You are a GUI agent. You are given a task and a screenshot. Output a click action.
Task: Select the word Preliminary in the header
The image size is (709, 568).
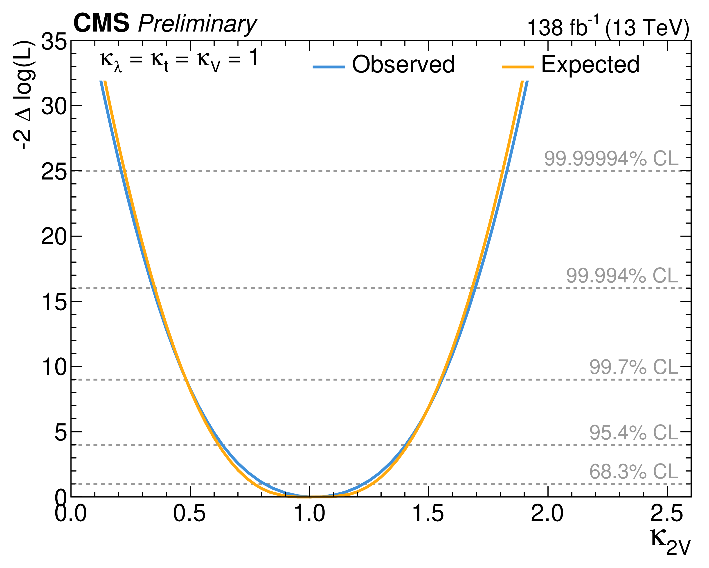pos(197,24)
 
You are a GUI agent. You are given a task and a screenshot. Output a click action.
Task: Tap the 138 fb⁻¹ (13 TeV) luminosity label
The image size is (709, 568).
pos(608,28)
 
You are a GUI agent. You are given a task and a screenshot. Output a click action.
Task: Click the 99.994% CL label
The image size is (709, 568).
pos(622,275)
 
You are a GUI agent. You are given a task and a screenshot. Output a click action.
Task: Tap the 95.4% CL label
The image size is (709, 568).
pos(633,432)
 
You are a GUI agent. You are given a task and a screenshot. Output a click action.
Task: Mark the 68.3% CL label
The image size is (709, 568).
pos(633,472)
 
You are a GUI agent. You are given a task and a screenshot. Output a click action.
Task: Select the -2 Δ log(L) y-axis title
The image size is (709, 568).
pos(24,95)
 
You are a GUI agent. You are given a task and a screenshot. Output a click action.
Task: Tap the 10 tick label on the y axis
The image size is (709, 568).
pos(54,367)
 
